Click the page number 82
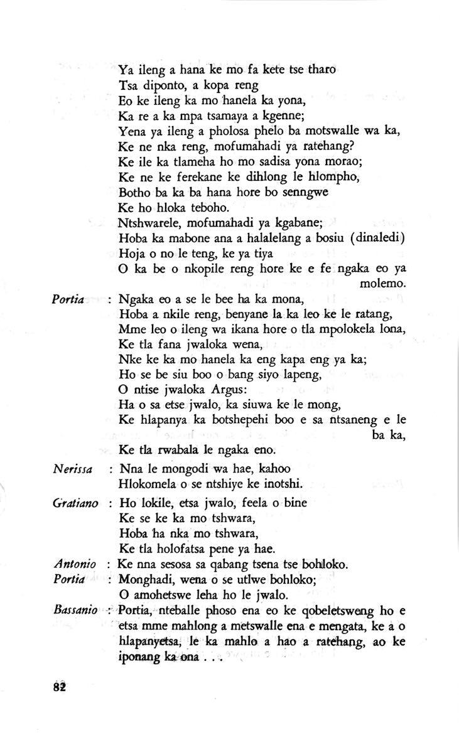click(x=60, y=685)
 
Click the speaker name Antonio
click(x=75, y=565)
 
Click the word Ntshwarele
click(x=149, y=223)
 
